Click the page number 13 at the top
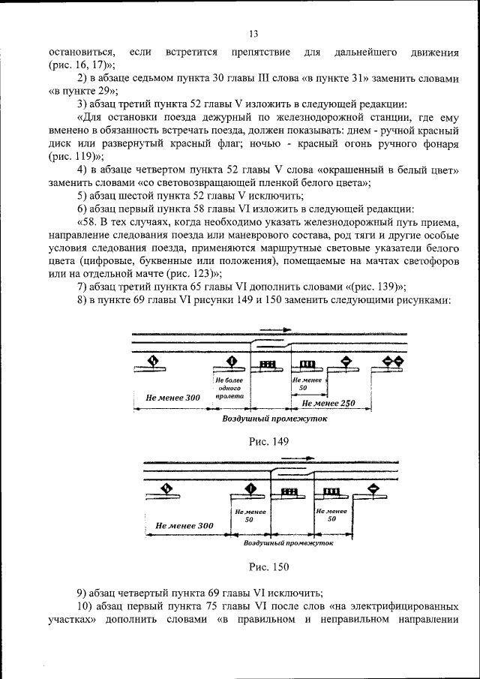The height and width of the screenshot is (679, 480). click(253, 34)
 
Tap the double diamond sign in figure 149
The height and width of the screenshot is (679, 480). click(393, 362)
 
